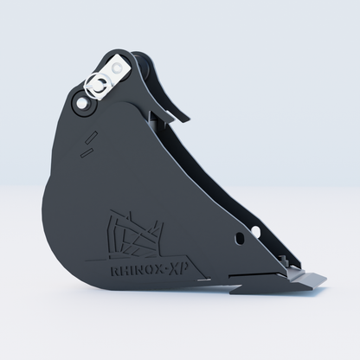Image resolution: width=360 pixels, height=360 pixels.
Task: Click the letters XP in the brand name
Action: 178,270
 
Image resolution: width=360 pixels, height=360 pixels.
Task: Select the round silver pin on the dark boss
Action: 81,102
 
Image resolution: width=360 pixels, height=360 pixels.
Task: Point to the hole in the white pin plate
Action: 117,68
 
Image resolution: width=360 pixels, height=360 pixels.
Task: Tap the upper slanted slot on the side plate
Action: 92,138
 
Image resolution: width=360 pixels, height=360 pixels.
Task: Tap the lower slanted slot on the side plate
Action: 86,152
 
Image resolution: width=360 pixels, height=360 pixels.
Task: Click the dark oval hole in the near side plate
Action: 240,239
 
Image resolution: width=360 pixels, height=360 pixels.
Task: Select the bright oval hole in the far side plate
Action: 256,231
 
